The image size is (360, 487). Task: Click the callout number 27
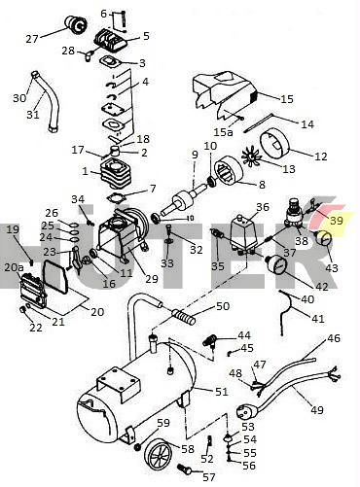tap(32, 39)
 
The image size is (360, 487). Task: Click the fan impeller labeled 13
tap(253, 156)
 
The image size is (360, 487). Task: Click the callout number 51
tap(222, 392)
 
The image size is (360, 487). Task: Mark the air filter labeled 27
tap(76, 23)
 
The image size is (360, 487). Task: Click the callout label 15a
tap(223, 131)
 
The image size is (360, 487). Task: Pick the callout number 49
tap(317, 410)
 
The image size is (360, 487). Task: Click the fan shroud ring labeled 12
tap(277, 143)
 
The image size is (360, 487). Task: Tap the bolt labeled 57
tap(184, 468)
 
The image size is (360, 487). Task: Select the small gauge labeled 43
tap(323, 239)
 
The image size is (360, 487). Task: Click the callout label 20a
tap(14, 267)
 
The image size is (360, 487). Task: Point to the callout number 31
tap(32, 114)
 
